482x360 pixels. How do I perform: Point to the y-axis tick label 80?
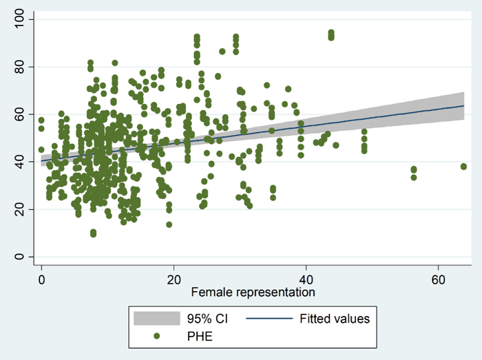coord(19,67)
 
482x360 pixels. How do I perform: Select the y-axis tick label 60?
coord(19,114)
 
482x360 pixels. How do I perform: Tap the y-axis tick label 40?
coord(19,162)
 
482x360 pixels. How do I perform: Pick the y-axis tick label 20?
coord(19,209)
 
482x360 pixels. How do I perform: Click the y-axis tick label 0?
coord(19,257)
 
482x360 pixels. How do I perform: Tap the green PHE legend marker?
coord(158,336)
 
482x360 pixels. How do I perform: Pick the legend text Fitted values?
coord(335,319)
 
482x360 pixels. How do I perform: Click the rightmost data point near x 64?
coord(463,167)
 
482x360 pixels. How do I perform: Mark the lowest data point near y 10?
coord(93,234)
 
